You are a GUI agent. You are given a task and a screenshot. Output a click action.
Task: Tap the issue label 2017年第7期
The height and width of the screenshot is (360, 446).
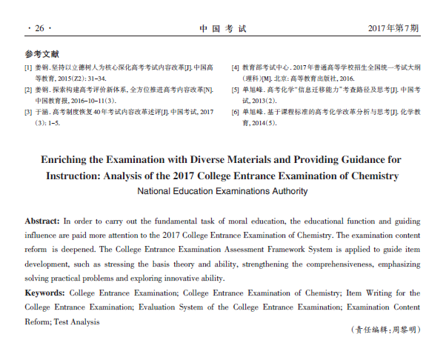393,29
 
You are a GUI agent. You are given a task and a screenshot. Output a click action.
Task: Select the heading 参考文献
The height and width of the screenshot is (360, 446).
41,55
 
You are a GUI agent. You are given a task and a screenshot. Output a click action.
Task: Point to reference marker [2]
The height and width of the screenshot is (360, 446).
29,90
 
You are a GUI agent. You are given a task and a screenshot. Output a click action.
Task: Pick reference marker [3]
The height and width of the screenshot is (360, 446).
29,113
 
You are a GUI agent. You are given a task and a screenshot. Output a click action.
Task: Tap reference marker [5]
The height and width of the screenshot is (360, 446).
236,90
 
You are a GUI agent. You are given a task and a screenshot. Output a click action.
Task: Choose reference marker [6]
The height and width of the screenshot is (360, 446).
236,113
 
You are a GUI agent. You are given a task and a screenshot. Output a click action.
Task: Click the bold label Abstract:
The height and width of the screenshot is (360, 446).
42,221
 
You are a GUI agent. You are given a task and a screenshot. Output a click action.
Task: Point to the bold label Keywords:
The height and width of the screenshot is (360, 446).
44,293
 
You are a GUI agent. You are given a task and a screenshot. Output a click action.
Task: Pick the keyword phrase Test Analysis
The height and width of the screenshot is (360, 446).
76,321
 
